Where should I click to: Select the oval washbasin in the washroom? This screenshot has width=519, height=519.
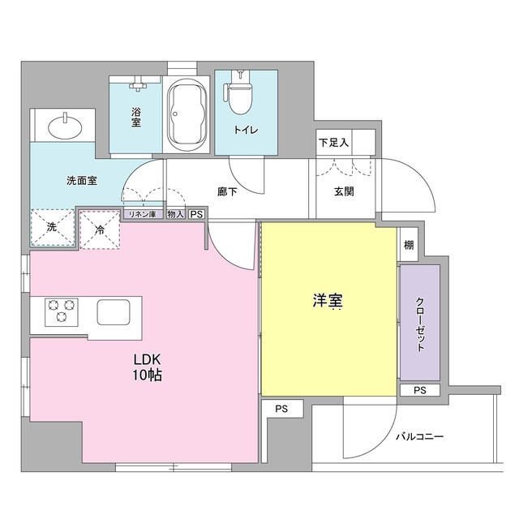63,127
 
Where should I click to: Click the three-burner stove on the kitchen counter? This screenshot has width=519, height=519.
59,312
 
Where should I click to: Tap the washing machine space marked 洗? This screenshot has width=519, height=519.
51,228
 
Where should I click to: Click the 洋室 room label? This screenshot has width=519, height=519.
328,301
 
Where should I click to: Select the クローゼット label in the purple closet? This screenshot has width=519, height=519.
420,324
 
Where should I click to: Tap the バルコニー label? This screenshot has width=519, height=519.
419,436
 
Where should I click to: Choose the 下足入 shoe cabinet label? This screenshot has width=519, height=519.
333,143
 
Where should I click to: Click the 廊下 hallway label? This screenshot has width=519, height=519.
227,192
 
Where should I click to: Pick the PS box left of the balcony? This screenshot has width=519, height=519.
281,408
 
